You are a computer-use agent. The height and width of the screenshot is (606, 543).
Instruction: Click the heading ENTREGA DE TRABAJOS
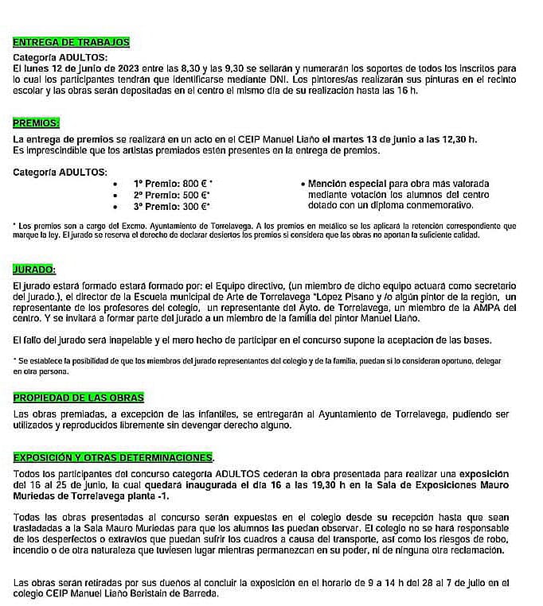(72, 42)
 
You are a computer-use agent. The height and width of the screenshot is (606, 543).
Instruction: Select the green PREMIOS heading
(36, 123)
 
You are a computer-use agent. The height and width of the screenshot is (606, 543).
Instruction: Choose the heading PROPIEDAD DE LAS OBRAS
(79, 397)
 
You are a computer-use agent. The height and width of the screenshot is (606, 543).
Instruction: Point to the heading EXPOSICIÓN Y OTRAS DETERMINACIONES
(114, 458)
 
